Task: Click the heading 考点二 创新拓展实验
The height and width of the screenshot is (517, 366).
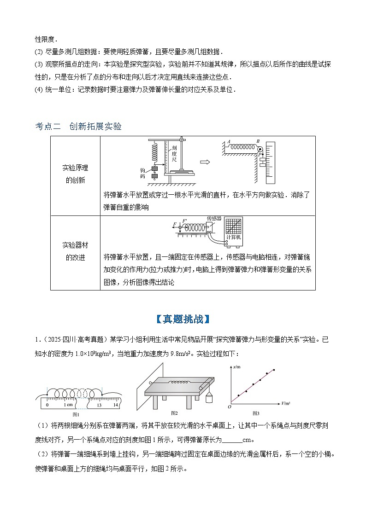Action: click(x=78, y=126)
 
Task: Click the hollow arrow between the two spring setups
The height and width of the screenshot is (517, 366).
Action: click(x=206, y=162)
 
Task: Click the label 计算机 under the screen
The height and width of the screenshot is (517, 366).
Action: click(x=234, y=237)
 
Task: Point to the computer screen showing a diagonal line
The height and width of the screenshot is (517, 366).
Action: click(x=234, y=226)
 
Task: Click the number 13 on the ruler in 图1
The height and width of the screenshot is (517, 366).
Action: click(x=99, y=405)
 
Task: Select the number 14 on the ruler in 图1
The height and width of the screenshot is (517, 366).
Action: click(x=115, y=405)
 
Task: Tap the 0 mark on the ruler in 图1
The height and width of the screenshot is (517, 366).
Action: click(x=47, y=405)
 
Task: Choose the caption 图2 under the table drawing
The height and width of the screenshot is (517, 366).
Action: click(x=174, y=412)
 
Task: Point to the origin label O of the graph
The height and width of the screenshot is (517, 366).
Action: click(x=230, y=407)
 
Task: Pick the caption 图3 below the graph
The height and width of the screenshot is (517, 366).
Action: click(x=256, y=413)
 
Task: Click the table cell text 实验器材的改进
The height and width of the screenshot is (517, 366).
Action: click(x=75, y=251)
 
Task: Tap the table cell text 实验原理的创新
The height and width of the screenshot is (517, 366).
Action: click(x=75, y=174)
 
